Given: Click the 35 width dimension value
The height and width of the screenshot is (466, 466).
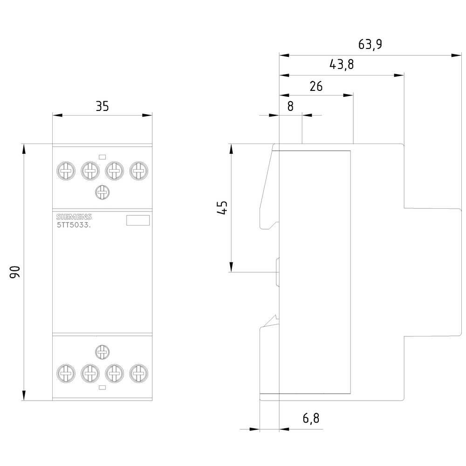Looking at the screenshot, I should [x=102, y=106].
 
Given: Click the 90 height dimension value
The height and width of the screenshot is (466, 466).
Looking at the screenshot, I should [x=15, y=272].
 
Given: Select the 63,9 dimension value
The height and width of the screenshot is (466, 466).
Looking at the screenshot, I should [x=370, y=44].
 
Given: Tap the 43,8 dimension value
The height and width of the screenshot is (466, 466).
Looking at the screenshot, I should [x=342, y=65].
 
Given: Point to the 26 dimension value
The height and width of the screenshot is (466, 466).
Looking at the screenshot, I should [x=316, y=86].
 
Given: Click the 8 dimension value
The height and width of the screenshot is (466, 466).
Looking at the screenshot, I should [x=290, y=106].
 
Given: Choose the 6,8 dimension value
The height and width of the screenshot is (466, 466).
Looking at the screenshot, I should [x=311, y=418].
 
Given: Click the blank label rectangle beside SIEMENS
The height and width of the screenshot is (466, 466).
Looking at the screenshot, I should [x=138, y=220].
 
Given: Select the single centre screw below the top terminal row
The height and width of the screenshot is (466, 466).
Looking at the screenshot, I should [x=102, y=191].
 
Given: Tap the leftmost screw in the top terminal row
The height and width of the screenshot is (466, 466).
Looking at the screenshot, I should [x=66, y=171].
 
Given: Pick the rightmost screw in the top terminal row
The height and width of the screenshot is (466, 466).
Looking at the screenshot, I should [x=138, y=171].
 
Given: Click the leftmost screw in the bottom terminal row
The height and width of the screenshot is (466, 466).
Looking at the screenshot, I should [x=66, y=372].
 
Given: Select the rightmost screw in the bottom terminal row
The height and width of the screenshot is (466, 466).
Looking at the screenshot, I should [x=138, y=372].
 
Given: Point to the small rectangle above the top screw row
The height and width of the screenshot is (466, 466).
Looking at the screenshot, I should [x=103, y=157].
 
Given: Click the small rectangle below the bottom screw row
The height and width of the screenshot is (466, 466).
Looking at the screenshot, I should [x=103, y=387].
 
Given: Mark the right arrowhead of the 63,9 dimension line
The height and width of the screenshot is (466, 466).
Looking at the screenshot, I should [x=456, y=55].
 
